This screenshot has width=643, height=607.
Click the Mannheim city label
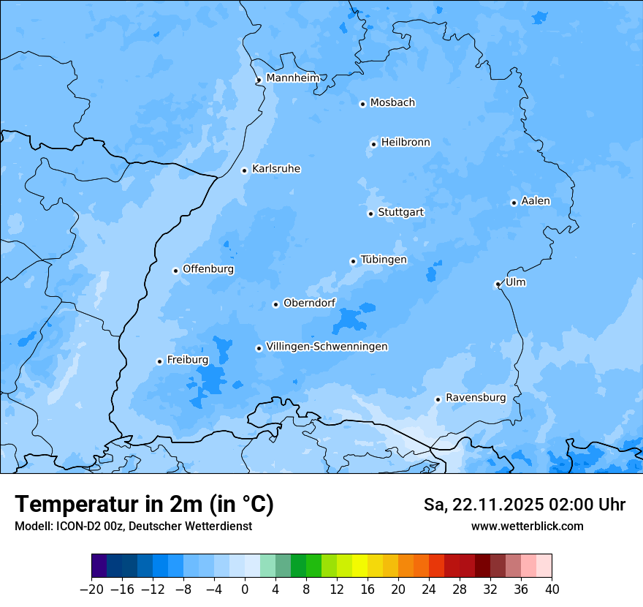pos(292,78)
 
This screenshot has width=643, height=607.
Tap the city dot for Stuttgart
pos(370,214)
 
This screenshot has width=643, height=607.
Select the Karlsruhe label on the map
pos(276,169)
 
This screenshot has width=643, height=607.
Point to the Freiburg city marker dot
pos(159,361)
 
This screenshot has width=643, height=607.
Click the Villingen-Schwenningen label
pos(327,347)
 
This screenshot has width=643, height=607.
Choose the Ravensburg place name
pos(476,398)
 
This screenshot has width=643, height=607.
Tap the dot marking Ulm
pos(498,284)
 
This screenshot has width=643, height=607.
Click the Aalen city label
pos(536,201)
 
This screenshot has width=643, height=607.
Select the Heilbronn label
pos(406,143)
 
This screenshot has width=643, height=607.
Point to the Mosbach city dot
pos(362,104)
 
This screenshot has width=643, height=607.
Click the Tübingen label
pos(384,260)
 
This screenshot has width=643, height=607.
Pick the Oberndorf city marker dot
pos(275,304)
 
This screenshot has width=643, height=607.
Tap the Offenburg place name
pos(208,269)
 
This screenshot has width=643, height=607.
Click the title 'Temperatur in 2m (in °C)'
pos(144,504)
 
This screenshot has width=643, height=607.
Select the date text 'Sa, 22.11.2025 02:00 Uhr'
pos(524,505)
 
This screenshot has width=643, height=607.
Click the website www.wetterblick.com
pos(527,526)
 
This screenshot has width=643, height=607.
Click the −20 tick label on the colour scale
pos(91,589)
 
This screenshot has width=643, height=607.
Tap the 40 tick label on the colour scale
pos(552,589)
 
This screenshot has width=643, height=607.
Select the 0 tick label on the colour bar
pos(245,589)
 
